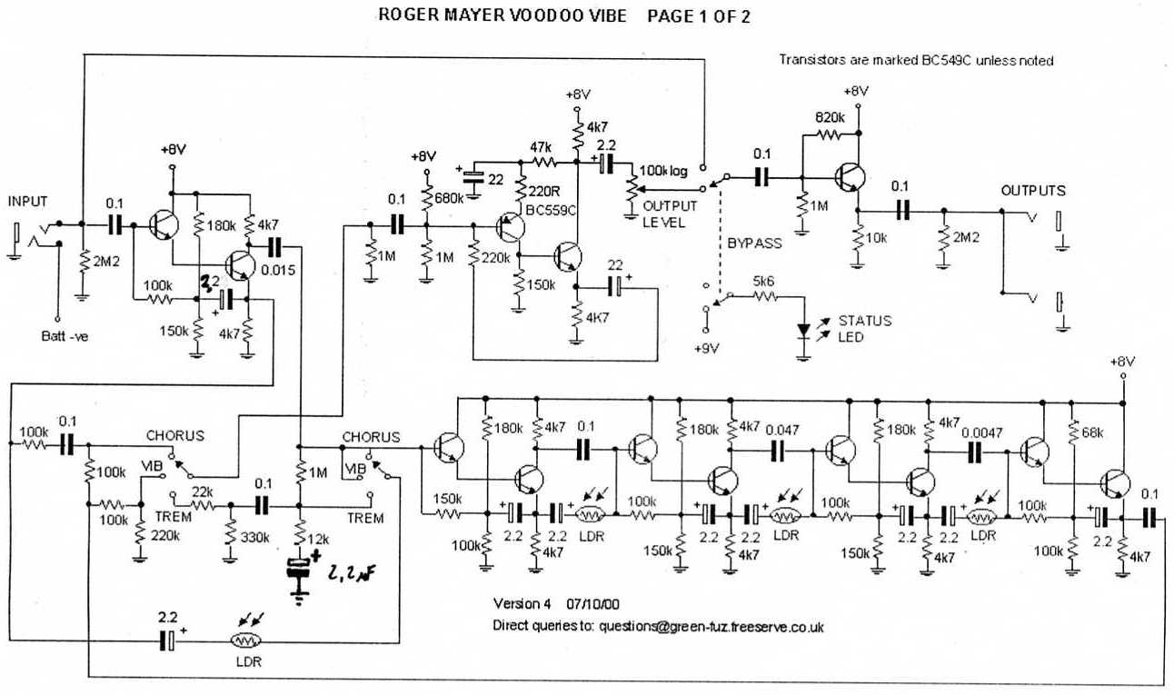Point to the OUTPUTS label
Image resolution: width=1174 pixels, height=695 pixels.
[x=1033, y=191]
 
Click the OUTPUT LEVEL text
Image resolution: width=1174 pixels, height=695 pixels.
[x=671, y=213]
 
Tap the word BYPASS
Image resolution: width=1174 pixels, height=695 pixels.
[x=753, y=244]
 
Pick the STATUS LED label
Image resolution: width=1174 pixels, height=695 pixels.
[x=864, y=328]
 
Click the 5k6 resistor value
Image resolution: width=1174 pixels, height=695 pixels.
[x=763, y=283]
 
